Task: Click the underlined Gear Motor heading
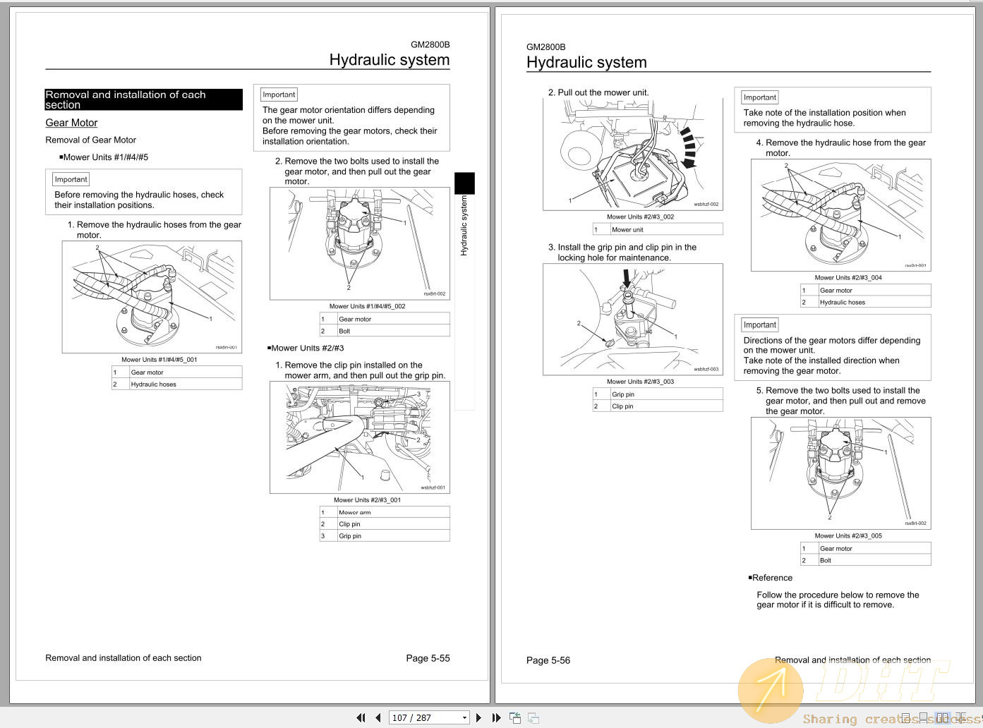pyautogui.click(x=71, y=123)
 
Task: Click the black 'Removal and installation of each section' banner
pyautogui.click(x=143, y=99)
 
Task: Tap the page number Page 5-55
pyautogui.click(x=428, y=658)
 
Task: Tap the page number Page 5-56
pyautogui.click(x=548, y=660)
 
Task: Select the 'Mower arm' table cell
pyautogui.click(x=355, y=513)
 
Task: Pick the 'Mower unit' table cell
pyautogui.click(x=627, y=229)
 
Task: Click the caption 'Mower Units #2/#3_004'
pyautogui.click(x=848, y=278)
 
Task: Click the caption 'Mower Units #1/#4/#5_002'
pyautogui.click(x=367, y=306)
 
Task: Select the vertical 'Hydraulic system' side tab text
pyautogui.click(x=464, y=226)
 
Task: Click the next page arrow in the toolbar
pyautogui.click(x=478, y=717)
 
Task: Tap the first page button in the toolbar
pyautogui.click(x=361, y=717)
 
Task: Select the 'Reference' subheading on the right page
pyautogui.click(x=771, y=578)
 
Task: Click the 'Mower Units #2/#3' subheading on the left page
pyautogui.click(x=307, y=348)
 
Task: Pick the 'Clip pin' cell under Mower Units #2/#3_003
pyautogui.click(x=622, y=406)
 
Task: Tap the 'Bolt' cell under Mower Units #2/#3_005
pyautogui.click(x=826, y=560)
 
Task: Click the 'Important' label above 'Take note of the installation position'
pyautogui.click(x=759, y=97)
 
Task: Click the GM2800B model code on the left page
pyautogui.click(x=430, y=44)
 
